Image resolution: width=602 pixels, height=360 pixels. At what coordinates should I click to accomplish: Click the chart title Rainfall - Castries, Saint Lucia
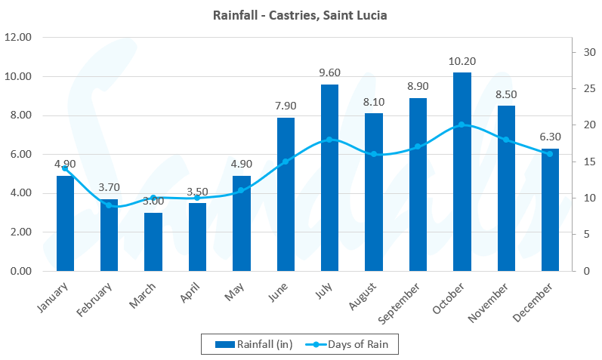pos(301,14)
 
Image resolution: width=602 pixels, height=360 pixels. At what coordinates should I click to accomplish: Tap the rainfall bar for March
pos(153,242)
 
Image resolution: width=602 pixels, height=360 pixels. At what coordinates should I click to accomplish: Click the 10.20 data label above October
pos(462,61)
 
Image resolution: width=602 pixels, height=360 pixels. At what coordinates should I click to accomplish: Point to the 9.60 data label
pos(329,72)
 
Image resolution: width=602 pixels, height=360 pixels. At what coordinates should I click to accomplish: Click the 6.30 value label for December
pos(550,137)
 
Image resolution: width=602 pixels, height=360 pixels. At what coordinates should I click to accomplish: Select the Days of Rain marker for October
pos(462,125)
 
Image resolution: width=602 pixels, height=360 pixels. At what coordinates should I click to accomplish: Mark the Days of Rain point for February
pos(109,205)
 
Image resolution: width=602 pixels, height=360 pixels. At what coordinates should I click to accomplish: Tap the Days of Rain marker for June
pos(286,162)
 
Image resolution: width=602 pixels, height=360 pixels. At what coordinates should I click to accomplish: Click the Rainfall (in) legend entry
pos(249,345)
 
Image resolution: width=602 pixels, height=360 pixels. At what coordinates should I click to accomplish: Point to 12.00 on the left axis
pos(17,37)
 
